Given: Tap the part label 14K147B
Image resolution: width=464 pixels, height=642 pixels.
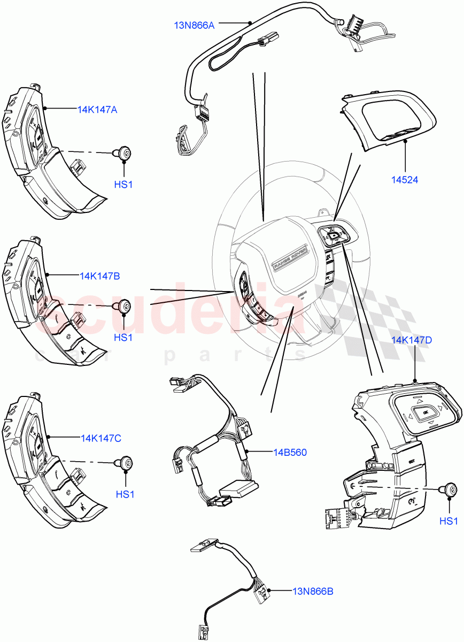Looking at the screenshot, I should [99, 276].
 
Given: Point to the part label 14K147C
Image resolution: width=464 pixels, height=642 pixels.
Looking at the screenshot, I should [101, 438].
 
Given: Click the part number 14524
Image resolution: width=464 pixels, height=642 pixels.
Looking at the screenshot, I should [404, 180].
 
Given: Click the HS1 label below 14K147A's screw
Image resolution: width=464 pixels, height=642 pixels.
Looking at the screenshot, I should [123, 185].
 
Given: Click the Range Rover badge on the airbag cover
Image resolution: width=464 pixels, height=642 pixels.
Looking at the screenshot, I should [289, 257].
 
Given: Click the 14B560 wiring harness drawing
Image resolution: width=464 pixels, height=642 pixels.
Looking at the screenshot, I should [214, 444].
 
